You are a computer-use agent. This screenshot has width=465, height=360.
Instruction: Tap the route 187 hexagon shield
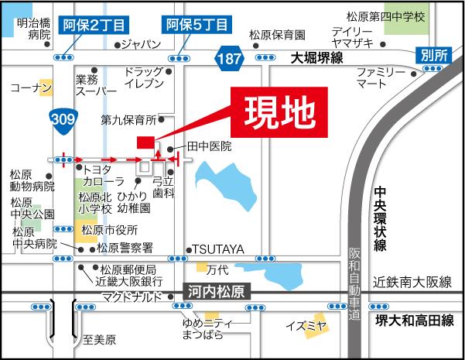pyautogui.click(x=229, y=58)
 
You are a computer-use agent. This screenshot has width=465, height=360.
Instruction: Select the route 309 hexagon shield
pyautogui.click(x=61, y=118)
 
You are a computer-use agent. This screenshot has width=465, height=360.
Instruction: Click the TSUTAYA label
pyautogui.click(x=218, y=249)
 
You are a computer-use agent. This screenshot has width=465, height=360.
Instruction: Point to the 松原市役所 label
pyautogui.click(x=109, y=231)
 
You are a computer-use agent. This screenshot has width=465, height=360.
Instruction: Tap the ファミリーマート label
pyautogui.click(x=381, y=76)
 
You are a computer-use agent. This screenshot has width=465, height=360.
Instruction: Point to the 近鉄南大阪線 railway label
pyautogui.click(x=410, y=283)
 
